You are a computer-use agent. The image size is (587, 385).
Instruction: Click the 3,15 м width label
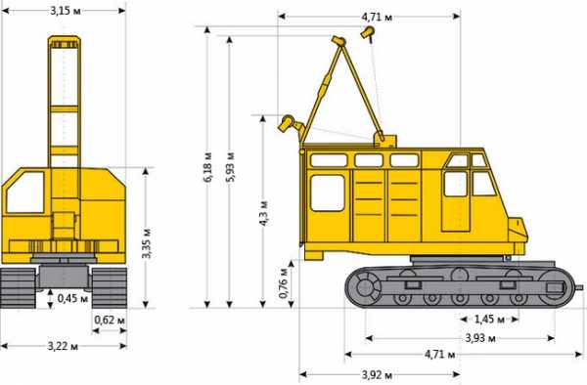(x=66, y=11)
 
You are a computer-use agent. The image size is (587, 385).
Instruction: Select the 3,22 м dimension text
(x=63, y=346)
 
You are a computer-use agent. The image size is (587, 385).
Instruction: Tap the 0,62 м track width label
(x=110, y=321)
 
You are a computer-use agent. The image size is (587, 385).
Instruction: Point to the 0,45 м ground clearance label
(x=72, y=298)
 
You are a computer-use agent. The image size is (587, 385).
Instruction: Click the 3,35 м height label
(x=147, y=243)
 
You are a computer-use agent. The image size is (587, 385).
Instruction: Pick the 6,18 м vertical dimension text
(x=207, y=167)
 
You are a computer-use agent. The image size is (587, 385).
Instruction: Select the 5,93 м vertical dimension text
(x=230, y=167)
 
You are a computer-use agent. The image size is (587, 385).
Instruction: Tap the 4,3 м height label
(x=263, y=214)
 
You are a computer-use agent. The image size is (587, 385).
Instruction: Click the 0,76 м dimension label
(x=284, y=283)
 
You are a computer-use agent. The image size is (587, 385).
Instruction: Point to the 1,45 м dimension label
(x=490, y=320)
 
